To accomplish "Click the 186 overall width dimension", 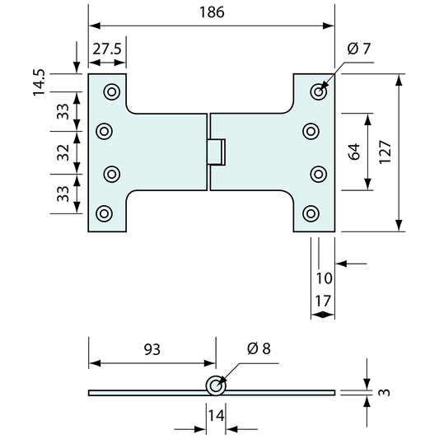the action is (212, 12).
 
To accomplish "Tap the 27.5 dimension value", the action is (107, 49).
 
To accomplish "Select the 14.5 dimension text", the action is (39, 82).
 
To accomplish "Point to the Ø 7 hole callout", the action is (359, 49).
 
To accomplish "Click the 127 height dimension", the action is (385, 152).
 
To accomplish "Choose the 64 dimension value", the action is (354, 152).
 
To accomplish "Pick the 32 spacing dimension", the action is (63, 152).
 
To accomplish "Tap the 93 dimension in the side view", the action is (152, 349).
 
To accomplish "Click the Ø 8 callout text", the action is (259, 349).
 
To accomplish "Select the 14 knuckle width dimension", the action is (216, 415).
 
